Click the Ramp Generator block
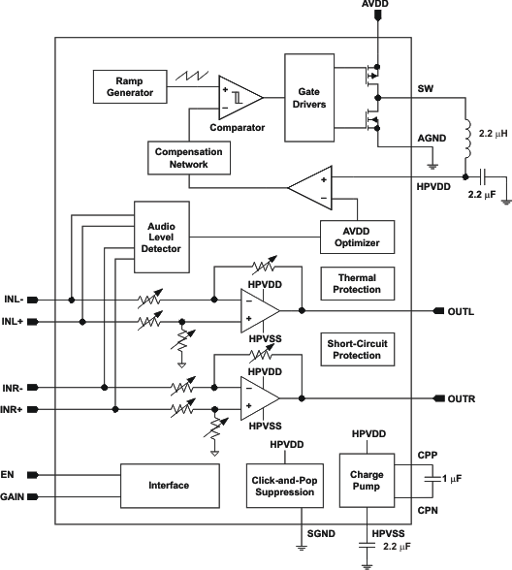pos(130,86)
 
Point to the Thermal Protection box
pos(355,285)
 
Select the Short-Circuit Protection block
pos(355,350)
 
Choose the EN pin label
pos(11,474)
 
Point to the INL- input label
pos(16,299)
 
